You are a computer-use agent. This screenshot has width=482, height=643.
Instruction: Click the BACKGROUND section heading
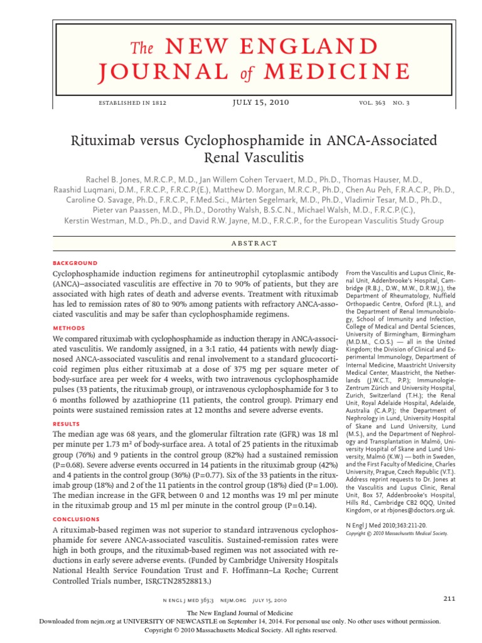pyautogui.click(x=75, y=263)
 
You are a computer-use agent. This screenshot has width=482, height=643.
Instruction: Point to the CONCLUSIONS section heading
pyautogui.click(x=76, y=519)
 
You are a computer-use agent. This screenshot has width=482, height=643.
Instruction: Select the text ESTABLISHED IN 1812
pyautogui.click(x=130, y=103)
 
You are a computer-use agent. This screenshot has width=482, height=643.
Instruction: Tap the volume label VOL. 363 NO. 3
pyautogui.click(x=384, y=103)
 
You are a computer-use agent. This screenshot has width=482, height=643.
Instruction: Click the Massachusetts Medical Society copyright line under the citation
pyautogui.click(x=397, y=534)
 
